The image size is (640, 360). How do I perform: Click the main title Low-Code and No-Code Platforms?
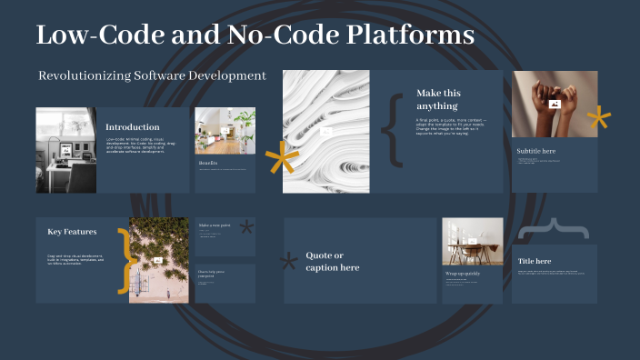click(255, 35)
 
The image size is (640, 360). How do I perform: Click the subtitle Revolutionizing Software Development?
click(152, 75)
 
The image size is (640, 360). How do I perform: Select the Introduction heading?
click(133, 127)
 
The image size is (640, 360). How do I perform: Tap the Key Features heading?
click(72, 232)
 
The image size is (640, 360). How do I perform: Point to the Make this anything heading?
click(438, 99)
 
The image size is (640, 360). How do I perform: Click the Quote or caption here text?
click(332, 261)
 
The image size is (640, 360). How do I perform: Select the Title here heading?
click(535, 261)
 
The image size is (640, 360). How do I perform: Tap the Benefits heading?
click(208, 164)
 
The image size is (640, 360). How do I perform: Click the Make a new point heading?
click(215, 225)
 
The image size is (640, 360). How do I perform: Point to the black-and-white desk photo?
click(66, 150)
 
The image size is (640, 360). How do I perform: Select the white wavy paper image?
click(325, 132)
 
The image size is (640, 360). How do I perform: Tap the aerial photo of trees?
click(159, 259)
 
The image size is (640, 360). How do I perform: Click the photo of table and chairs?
click(472, 242)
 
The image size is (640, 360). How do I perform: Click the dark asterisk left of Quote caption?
click(289, 262)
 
